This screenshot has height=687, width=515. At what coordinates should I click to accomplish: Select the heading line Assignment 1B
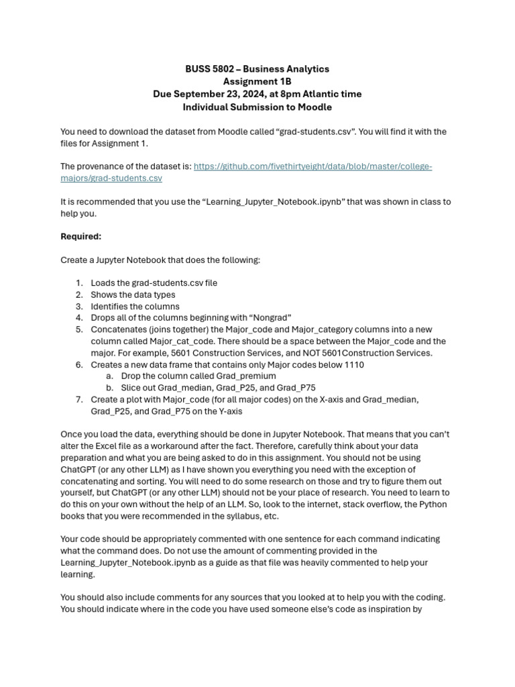point(257,82)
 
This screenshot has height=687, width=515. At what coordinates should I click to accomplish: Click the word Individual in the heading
point(207,107)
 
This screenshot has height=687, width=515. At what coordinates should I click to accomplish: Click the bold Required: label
point(81,237)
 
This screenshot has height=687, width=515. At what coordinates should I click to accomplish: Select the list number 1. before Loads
point(79,283)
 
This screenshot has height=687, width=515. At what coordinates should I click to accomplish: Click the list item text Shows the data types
point(133,295)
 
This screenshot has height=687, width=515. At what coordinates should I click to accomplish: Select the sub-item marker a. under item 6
point(109,376)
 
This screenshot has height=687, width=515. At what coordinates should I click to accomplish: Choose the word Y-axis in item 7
point(227,411)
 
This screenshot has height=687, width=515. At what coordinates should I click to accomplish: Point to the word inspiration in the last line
point(385,609)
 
